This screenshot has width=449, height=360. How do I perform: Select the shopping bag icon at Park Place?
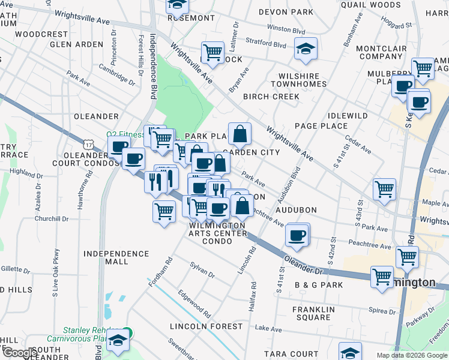pyautogui.click(x=240, y=134)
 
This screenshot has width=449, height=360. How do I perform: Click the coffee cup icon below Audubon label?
pyautogui.click(x=296, y=235)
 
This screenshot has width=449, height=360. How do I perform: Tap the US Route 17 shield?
pyautogui.click(x=89, y=144)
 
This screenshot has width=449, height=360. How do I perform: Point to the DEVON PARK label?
pyautogui.click(x=286, y=12)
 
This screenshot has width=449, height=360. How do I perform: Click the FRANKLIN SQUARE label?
pyautogui.click(x=312, y=313)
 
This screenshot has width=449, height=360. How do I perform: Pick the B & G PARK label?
pyautogui.click(x=318, y=284)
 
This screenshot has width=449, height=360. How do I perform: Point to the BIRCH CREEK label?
pyautogui.click(x=271, y=97)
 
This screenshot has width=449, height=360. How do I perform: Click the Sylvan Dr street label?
pyautogui.click(x=202, y=269)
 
